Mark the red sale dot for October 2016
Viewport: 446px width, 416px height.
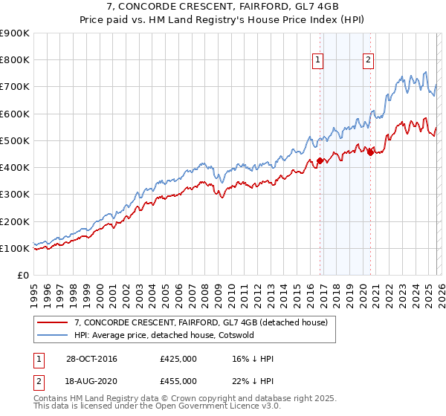[x=319, y=160]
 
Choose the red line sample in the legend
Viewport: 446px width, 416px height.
[x=53, y=321]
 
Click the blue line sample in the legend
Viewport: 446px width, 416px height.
[x=53, y=334]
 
